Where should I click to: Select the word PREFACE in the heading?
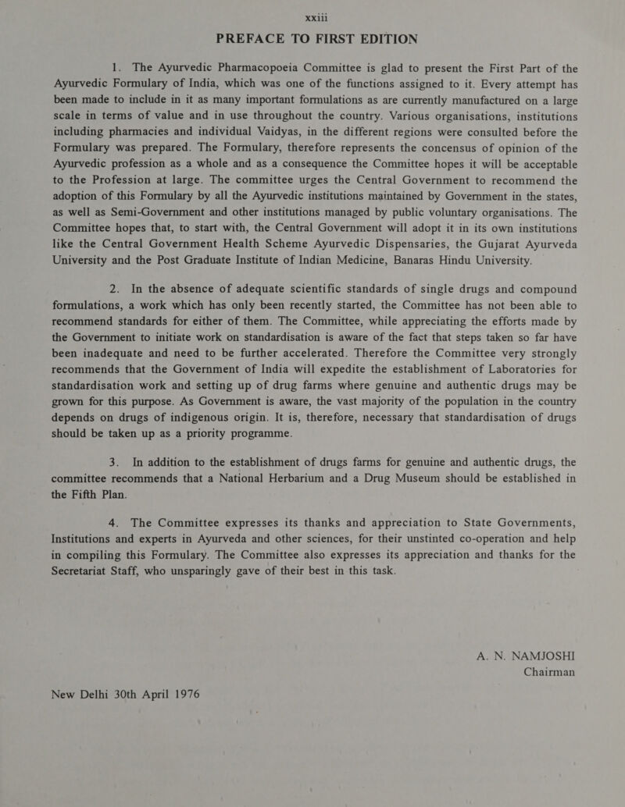pos(253,37)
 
